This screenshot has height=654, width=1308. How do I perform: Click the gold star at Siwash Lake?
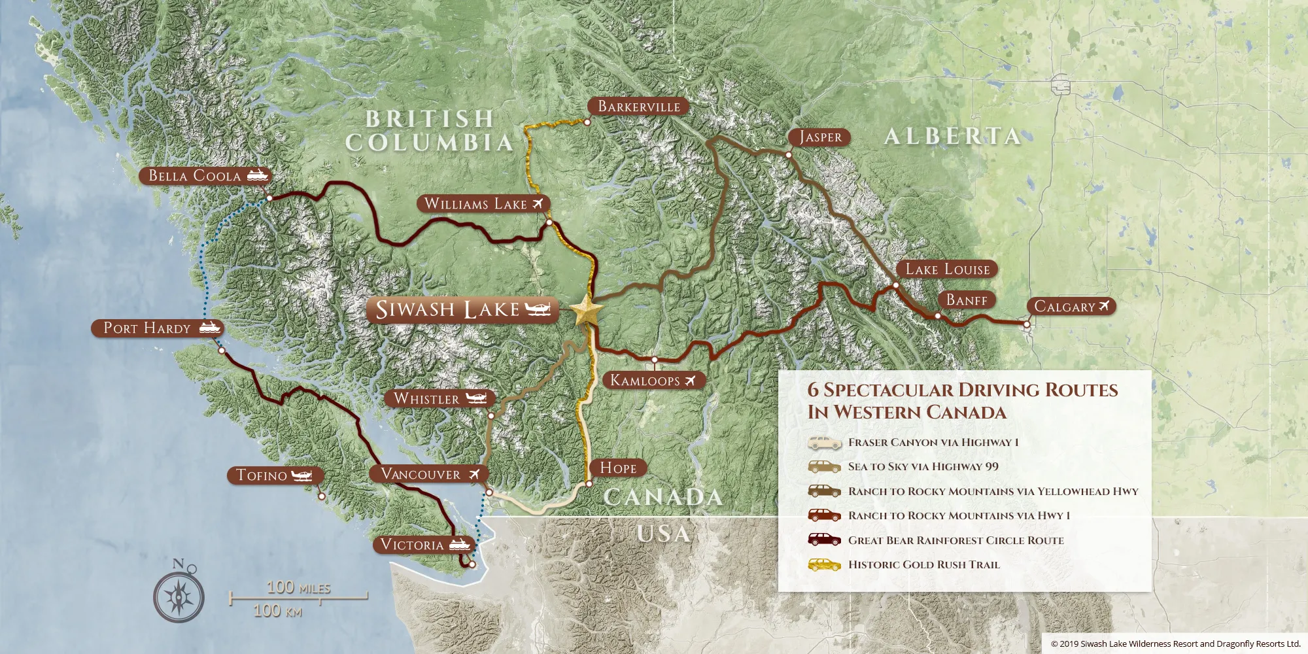pyautogui.click(x=587, y=311)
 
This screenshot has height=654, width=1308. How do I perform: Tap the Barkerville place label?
pyautogui.click(x=638, y=107)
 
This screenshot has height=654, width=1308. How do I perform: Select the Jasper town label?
pyautogui.click(x=820, y=137)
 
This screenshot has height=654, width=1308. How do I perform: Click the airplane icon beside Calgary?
pyautogui.click(x=1105, y=305)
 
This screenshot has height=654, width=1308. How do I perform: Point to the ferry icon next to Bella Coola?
pyautogui.click(x=258, y=175)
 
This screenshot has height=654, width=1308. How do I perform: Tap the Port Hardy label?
pyautogui.click(x=147, y=328)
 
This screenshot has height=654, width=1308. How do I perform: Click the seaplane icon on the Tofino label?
pyautogui.click(x=301, y=475)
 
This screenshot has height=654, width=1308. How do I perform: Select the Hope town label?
pyautogui.click(x=618, y=468)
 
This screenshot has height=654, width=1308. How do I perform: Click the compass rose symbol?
pyautogui.click(x=179, y=594)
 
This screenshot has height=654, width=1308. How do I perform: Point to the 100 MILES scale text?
pyautogui.click(x=298, y=587)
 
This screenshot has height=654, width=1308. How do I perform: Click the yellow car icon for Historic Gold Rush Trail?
pyautogui.click(x=823, y=564)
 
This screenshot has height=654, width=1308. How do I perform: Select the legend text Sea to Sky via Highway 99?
pyautogui.click(x=923, y=466)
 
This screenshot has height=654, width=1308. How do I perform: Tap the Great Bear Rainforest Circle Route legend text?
pyautogui.click(x=955, y=540)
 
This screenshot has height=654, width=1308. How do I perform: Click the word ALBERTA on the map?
pyautogui.click(x=952, y=136)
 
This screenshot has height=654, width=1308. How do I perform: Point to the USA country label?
pyautogui.click(x=663, y=534)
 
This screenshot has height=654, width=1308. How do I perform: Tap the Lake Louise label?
pyautogui.click(x=947, y=269)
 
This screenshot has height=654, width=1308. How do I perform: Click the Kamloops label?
pyautogui.click(x=645, y=380)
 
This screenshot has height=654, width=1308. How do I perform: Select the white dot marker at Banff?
pyautogui.click(x=937, y=316)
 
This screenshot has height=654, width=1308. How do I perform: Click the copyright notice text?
pyautogui.click(x=1175, y=644)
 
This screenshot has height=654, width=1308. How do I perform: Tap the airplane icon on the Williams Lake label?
pyautogui.click(x=538, y=203)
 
